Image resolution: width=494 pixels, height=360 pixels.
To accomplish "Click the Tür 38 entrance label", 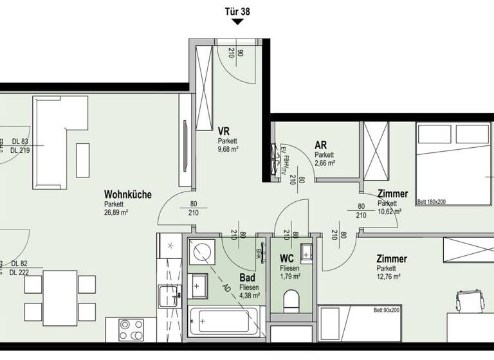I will click(x=237, y=10).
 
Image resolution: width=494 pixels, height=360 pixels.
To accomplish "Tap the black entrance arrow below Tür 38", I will click(x=237, y=22).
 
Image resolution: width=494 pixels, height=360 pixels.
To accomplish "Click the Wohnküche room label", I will click(x=128, y=194).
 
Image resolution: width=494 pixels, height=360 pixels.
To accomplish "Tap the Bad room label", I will click(x=247, y=278).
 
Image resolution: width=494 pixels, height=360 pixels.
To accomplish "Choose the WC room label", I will click(x=287, y=258).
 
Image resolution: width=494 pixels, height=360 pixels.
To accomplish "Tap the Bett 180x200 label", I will click(x=432, y=202).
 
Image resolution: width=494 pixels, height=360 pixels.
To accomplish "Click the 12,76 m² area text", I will click(x=389, y=277).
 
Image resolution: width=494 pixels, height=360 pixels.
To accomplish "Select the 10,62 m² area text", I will click(x=390, y=212).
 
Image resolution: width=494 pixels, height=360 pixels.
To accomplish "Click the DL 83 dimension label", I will click(x=21, y=141).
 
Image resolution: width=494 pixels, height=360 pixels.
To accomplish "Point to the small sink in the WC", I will click(x=307, y=253).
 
